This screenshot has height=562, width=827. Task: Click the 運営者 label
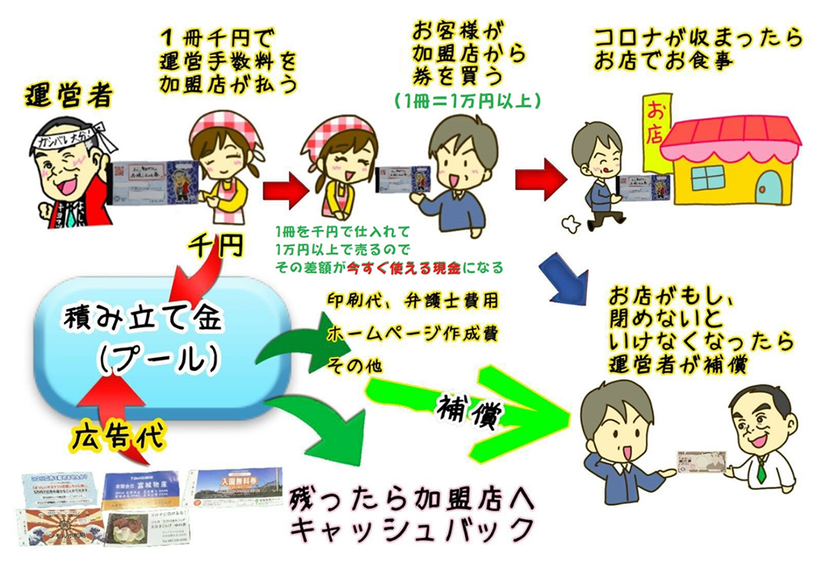coord(68,97)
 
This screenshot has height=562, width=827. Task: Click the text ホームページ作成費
coord(405,334)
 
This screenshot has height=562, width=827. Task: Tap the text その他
coord(354,366)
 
